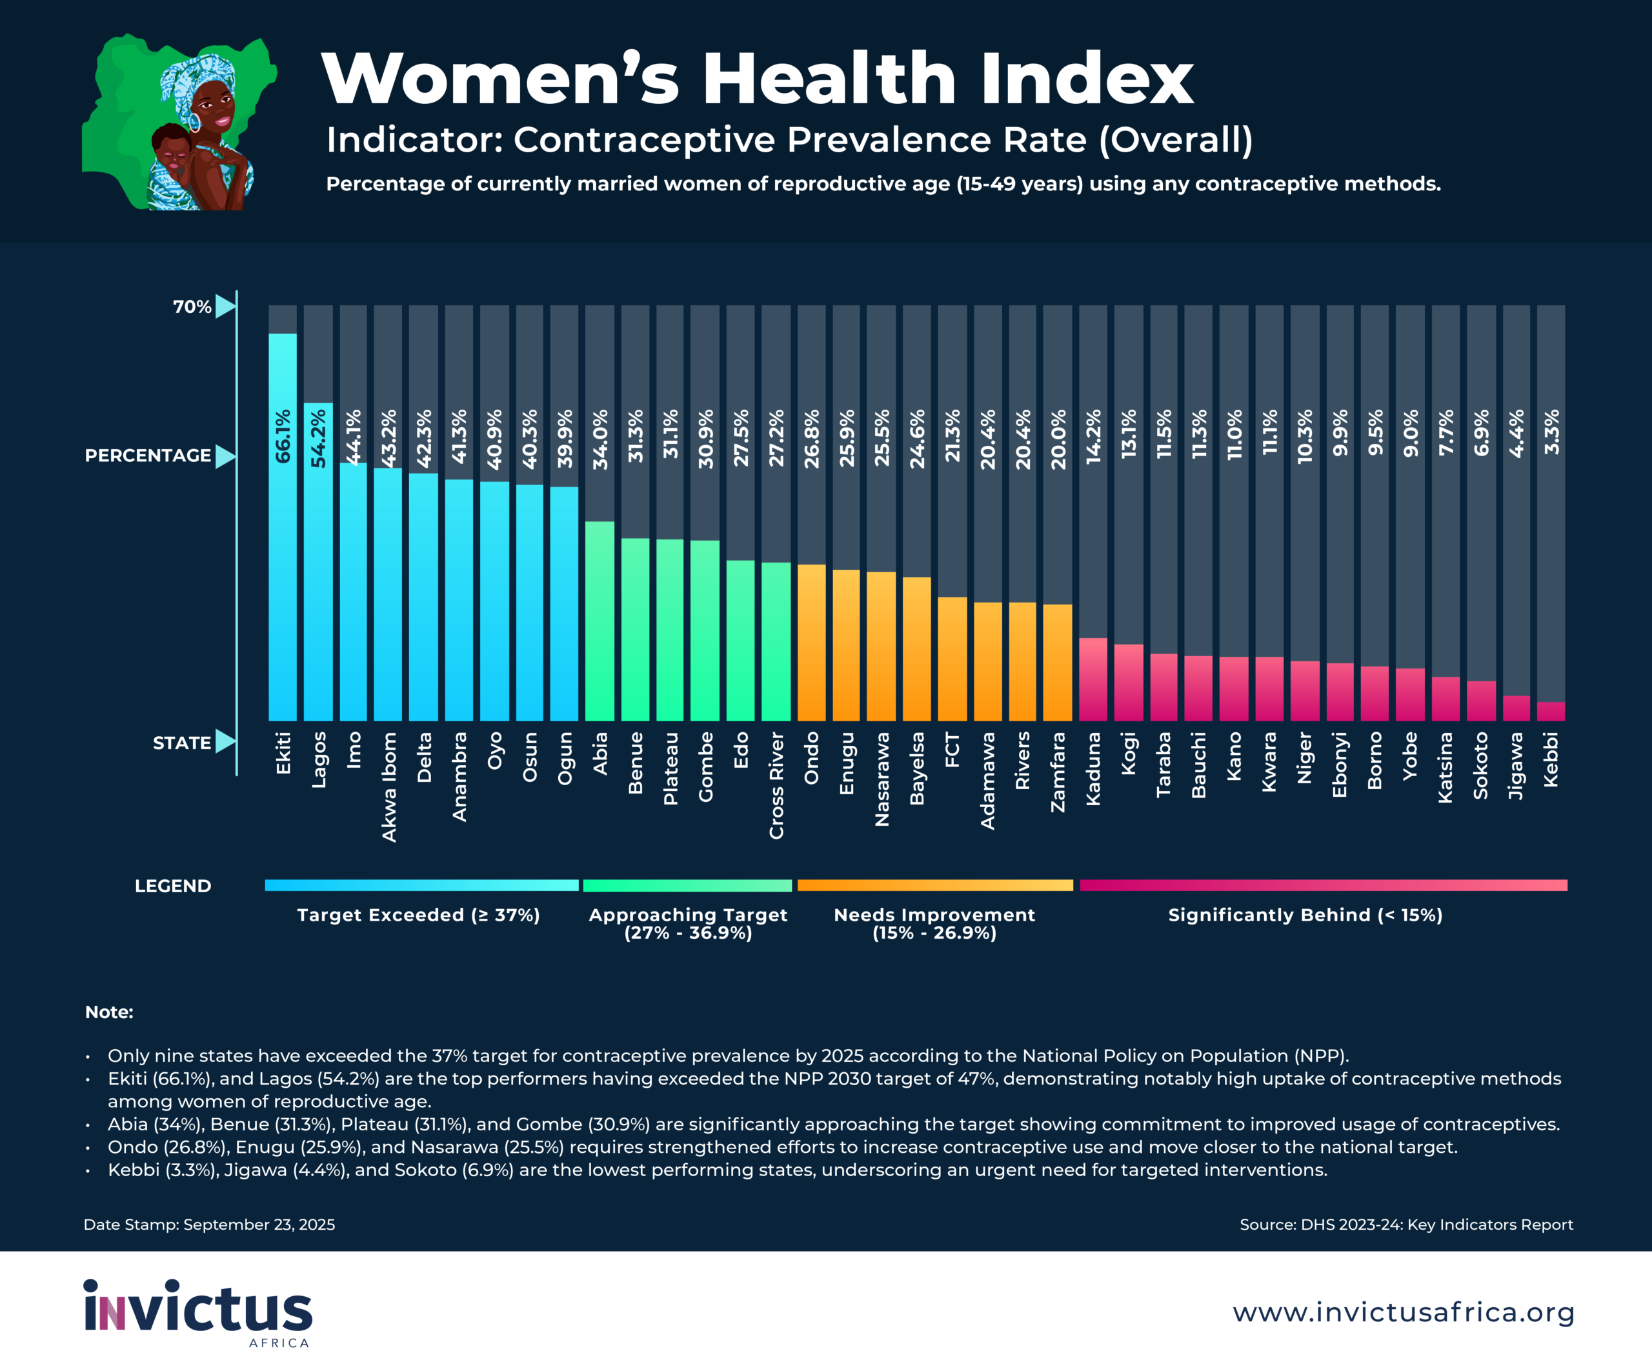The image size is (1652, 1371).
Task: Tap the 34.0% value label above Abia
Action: [600, 439]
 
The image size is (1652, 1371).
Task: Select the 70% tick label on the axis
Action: [192, 306]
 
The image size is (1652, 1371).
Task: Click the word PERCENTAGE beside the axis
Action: [148, 455]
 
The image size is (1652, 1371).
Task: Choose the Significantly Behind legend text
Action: [1305, 915]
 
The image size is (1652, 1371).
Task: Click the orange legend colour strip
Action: [934, 885]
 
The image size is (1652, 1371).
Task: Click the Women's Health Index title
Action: [757, 79]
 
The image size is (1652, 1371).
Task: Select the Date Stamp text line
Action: [209, 1225]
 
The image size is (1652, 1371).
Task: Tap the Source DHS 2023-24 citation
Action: [1405, 1225]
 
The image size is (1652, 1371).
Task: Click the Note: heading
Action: [109, 1012]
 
